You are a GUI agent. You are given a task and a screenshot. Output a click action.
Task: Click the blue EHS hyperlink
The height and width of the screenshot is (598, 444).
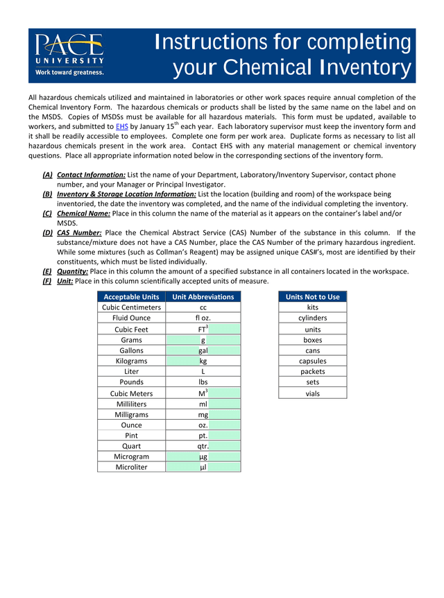(x=121, y=127)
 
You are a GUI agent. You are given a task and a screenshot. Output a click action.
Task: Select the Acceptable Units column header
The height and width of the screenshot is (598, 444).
(x=131, y=297)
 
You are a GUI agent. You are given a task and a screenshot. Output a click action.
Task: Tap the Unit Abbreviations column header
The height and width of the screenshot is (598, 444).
(x=203, y=297)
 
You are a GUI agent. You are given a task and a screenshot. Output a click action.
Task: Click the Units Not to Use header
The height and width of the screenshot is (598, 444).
(x=312, y=297)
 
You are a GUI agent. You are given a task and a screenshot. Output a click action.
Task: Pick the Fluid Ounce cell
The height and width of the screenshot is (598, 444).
(x=131, y=318)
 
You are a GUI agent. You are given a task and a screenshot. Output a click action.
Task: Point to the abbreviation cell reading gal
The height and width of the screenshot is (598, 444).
(x=203, y=350)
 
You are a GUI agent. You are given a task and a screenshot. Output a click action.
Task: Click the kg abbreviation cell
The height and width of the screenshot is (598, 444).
(x=203, y=361)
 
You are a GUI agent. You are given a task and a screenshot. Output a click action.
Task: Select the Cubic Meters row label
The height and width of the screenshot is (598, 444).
(x=131, y=393)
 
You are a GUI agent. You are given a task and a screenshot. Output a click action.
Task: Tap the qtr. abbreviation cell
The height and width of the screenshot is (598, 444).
(x=203, y=447)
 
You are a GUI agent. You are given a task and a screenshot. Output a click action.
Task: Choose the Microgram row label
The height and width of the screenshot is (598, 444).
(x=131, y=457)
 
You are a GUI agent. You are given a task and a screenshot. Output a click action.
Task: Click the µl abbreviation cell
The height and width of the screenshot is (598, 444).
(x=203, y=468)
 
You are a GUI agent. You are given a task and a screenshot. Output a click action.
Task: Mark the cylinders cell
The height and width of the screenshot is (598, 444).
(x=312, y=318)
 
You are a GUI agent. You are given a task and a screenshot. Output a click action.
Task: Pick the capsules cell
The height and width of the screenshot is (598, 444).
(x=312, y=361)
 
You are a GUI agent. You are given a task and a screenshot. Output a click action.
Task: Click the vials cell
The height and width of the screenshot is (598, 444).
(x=312, y=393)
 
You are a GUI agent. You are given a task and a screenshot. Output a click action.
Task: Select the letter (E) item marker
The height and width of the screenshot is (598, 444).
(x=47, y=271)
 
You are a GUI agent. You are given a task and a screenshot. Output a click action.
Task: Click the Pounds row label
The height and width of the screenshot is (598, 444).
(x=131, y=382)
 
